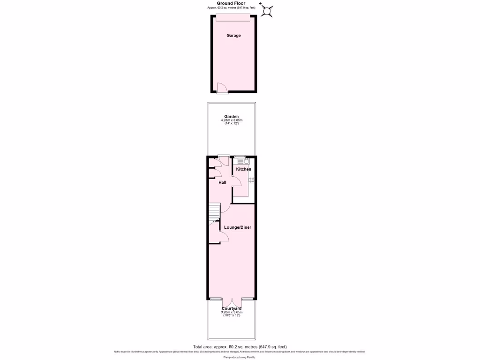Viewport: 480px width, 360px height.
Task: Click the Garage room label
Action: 233,35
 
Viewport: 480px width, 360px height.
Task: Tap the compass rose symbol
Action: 268,10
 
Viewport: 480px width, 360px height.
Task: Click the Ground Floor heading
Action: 231,3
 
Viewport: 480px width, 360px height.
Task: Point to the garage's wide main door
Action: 233,17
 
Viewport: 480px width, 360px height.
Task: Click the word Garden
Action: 232,117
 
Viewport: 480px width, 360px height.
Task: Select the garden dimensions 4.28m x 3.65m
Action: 232,120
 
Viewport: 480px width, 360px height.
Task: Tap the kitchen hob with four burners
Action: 251,179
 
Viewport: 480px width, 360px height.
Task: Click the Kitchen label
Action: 243,169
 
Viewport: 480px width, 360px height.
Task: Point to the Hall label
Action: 222,182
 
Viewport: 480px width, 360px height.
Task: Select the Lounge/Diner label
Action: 237,227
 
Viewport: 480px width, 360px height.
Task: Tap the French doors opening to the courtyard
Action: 232,302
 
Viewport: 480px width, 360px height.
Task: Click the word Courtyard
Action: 232,308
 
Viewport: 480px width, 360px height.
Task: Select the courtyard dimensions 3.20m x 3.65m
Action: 232,312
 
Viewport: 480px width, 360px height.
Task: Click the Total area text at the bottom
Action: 240,347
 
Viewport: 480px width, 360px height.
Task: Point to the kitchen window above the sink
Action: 240,156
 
